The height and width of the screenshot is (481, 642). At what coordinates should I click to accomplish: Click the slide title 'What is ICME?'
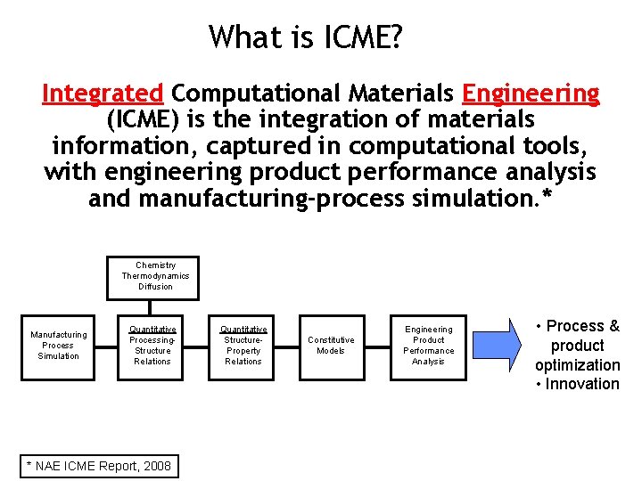coord(306,37)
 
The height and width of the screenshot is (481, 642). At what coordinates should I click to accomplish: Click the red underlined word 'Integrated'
coord(103,93)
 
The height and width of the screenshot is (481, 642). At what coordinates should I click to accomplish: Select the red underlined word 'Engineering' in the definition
coord(531,93)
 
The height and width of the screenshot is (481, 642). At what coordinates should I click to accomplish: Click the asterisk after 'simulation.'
coord(547,198)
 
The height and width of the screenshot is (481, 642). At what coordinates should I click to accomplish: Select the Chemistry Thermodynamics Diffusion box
coord(155,276)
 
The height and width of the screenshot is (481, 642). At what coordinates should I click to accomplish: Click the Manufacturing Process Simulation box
coord(59,346)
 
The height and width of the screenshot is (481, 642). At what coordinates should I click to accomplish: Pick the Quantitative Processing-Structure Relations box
coord(152,346)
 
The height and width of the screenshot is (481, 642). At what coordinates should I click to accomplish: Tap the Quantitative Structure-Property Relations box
coord(243,346)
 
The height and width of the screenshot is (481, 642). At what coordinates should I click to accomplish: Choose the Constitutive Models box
coord(331,346)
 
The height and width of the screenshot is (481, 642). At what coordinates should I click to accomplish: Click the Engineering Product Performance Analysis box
coord(428,346)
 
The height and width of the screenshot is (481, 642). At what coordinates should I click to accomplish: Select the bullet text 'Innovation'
coord(582,384)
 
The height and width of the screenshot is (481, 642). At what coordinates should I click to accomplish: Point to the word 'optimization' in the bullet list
coord(578,365)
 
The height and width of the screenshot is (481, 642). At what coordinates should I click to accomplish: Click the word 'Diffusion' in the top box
coord(155,287)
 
